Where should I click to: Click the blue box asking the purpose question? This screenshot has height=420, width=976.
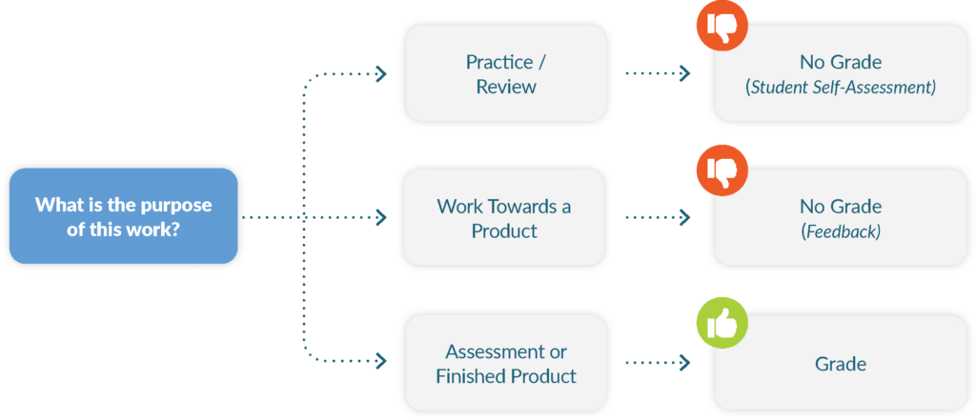122,217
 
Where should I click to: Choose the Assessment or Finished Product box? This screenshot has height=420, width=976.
505,364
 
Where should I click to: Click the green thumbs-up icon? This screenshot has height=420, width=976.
723,324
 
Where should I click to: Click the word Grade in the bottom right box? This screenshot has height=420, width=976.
841,364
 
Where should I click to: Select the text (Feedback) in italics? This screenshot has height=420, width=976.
841,231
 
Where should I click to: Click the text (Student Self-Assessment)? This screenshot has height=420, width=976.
841,88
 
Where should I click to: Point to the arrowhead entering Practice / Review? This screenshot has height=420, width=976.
381,73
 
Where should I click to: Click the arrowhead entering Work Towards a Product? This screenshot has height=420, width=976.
381,218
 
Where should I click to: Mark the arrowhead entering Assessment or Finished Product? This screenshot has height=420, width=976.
381,363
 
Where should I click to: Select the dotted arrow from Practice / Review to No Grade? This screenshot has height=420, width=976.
657,73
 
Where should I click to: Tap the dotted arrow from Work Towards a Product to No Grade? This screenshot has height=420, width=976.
657,218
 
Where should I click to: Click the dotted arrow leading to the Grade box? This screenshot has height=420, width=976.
657,363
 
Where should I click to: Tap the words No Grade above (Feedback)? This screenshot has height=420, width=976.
841,207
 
